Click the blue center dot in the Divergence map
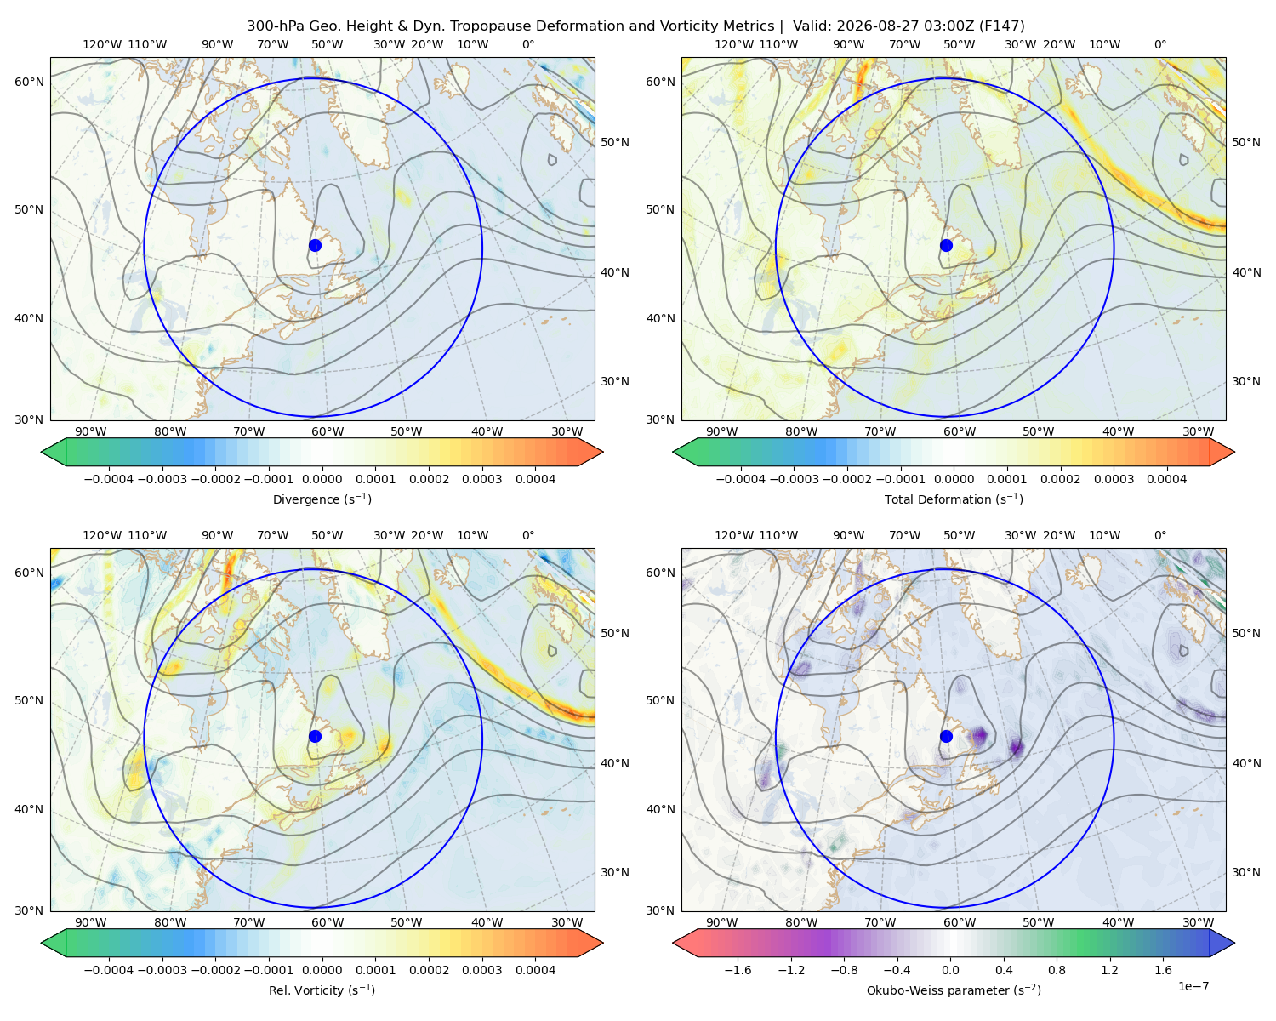pos(315,245)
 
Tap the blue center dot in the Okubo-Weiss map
pos(946,736)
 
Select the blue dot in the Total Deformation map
pos(946,245)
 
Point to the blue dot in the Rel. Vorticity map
pos(315,736)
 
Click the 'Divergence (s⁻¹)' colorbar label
pos(322,499)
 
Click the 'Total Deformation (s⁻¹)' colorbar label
pos(954,499)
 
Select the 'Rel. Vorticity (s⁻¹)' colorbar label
pos(322,990)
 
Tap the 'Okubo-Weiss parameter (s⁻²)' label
pos(954,990)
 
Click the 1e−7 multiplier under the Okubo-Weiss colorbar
pos(1193,987)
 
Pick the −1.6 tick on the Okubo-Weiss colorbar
pos(738,970)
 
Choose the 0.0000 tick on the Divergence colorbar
pos(322,479)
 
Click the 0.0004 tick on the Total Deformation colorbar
pos(1167,479)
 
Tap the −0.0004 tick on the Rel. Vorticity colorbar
pos(109,970)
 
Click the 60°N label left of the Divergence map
pos(29,82)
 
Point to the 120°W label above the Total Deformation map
pos(733,44)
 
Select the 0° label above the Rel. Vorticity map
pos(528,535)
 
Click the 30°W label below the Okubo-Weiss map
pos(1199,922)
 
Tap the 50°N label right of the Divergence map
pos(615,142)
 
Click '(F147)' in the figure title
pos(1001,26)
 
